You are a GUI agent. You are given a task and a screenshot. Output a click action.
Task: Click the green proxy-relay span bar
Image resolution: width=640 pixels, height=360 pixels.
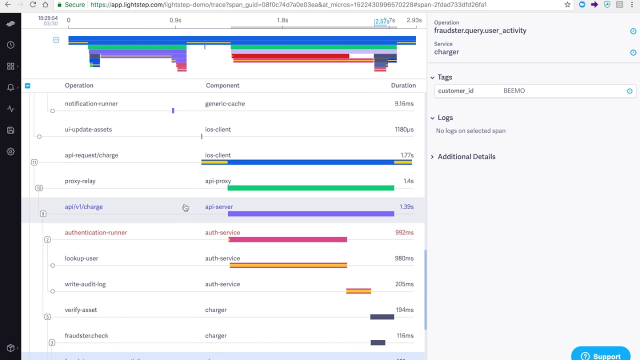point(310,188)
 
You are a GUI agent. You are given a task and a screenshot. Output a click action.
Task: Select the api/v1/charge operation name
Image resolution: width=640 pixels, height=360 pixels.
point(83,207)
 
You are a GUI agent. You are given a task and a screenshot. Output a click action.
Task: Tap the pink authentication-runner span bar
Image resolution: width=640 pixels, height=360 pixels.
point(288,239)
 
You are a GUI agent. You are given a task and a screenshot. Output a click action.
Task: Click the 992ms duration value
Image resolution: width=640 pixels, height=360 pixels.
point(404,232)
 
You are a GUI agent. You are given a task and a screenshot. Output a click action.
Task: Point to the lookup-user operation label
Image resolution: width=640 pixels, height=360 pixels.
point(81,258)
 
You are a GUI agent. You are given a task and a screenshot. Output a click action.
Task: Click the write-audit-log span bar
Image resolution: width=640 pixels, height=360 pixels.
point(358,291)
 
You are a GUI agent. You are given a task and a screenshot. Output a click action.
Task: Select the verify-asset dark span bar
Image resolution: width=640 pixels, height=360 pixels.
point(382,317)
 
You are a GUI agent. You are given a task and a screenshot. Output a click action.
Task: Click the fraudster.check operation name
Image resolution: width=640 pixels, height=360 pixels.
point(86,336)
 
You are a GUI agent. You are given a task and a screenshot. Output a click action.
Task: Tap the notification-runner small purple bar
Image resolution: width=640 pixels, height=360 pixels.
point(173,110)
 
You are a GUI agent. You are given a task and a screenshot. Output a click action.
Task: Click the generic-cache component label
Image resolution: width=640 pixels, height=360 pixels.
point(225,104)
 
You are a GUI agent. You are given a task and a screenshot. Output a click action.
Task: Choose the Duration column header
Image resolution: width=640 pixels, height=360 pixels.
point(403,85)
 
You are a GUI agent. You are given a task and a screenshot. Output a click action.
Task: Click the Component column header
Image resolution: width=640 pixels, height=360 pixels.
point(222,85)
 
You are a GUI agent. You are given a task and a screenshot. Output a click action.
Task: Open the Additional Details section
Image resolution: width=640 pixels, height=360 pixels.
point(466,156)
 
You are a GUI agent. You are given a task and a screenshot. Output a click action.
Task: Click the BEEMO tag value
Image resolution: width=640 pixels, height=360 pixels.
point(514,91)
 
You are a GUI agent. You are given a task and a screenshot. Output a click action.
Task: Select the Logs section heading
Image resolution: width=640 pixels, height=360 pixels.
point(445,118)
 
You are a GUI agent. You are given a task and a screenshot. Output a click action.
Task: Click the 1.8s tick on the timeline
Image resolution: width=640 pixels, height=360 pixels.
point(282,20)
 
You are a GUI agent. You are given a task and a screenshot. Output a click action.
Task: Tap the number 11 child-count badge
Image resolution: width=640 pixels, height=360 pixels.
point(34,162)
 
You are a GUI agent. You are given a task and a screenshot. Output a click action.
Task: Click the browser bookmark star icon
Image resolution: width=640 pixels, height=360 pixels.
point(567,4)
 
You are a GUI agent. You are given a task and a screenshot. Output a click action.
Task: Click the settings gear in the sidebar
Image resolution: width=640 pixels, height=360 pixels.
point(10,151)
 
